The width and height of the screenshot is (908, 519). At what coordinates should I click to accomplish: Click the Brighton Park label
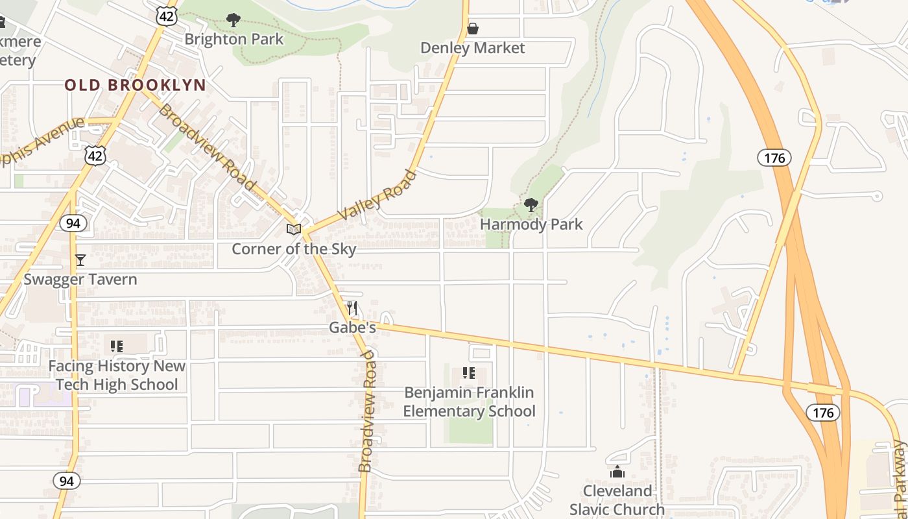pyautogui.click(x=233, y=39)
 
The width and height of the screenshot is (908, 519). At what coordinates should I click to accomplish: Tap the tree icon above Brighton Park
pyautogui.click(x=233, y=20)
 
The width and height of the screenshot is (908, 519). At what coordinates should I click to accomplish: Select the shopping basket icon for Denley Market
pyautogui.click(x=473, y=29)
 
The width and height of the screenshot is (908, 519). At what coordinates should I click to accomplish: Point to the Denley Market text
pyautogui.click(x=472, y=48)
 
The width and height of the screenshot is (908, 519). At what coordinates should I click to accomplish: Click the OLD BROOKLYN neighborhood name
pyautogui.click(x=135, y=85)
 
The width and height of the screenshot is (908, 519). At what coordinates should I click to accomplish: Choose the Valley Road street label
pyautogui.click(x=377, y=195)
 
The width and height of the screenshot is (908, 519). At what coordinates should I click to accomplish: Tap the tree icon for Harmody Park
pyautogui.click(x=531, y=206)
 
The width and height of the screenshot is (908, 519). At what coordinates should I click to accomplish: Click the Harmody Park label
pyautogui.click(x=531, y=224)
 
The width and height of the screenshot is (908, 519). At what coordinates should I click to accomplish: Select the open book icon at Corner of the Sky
pyautogui.click(x=294, y=229)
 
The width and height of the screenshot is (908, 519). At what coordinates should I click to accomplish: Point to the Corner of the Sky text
pyautogui.click(x=294, y=249)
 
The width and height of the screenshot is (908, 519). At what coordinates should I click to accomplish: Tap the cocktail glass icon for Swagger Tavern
pyautogui.click(x=80, y=260)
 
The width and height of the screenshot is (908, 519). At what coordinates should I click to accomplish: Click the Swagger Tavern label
pyautogui.click(x=80, y=280)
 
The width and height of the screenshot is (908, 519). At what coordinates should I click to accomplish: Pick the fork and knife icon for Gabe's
pyautogui.click(x=352, y=308)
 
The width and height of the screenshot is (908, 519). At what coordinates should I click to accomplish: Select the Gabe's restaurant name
pyautogui.click(x=352, y=328)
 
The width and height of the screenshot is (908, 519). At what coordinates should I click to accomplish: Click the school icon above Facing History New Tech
pyautogui.click(x=117, y=346)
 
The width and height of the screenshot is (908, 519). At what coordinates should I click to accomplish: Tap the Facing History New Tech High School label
pyautogui.click(x=117, y=375)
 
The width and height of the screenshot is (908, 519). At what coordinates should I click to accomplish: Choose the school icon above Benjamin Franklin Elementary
pyautogui.click(x=469, y=373)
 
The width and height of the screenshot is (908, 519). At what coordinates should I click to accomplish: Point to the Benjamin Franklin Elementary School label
pyautogui.click(x=469, y=402)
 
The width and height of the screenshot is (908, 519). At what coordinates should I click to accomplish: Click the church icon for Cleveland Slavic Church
pyautogui.click(x=617, y=472)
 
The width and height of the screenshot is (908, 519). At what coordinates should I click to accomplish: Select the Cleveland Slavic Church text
pyautogui.click(x=617, y=500)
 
